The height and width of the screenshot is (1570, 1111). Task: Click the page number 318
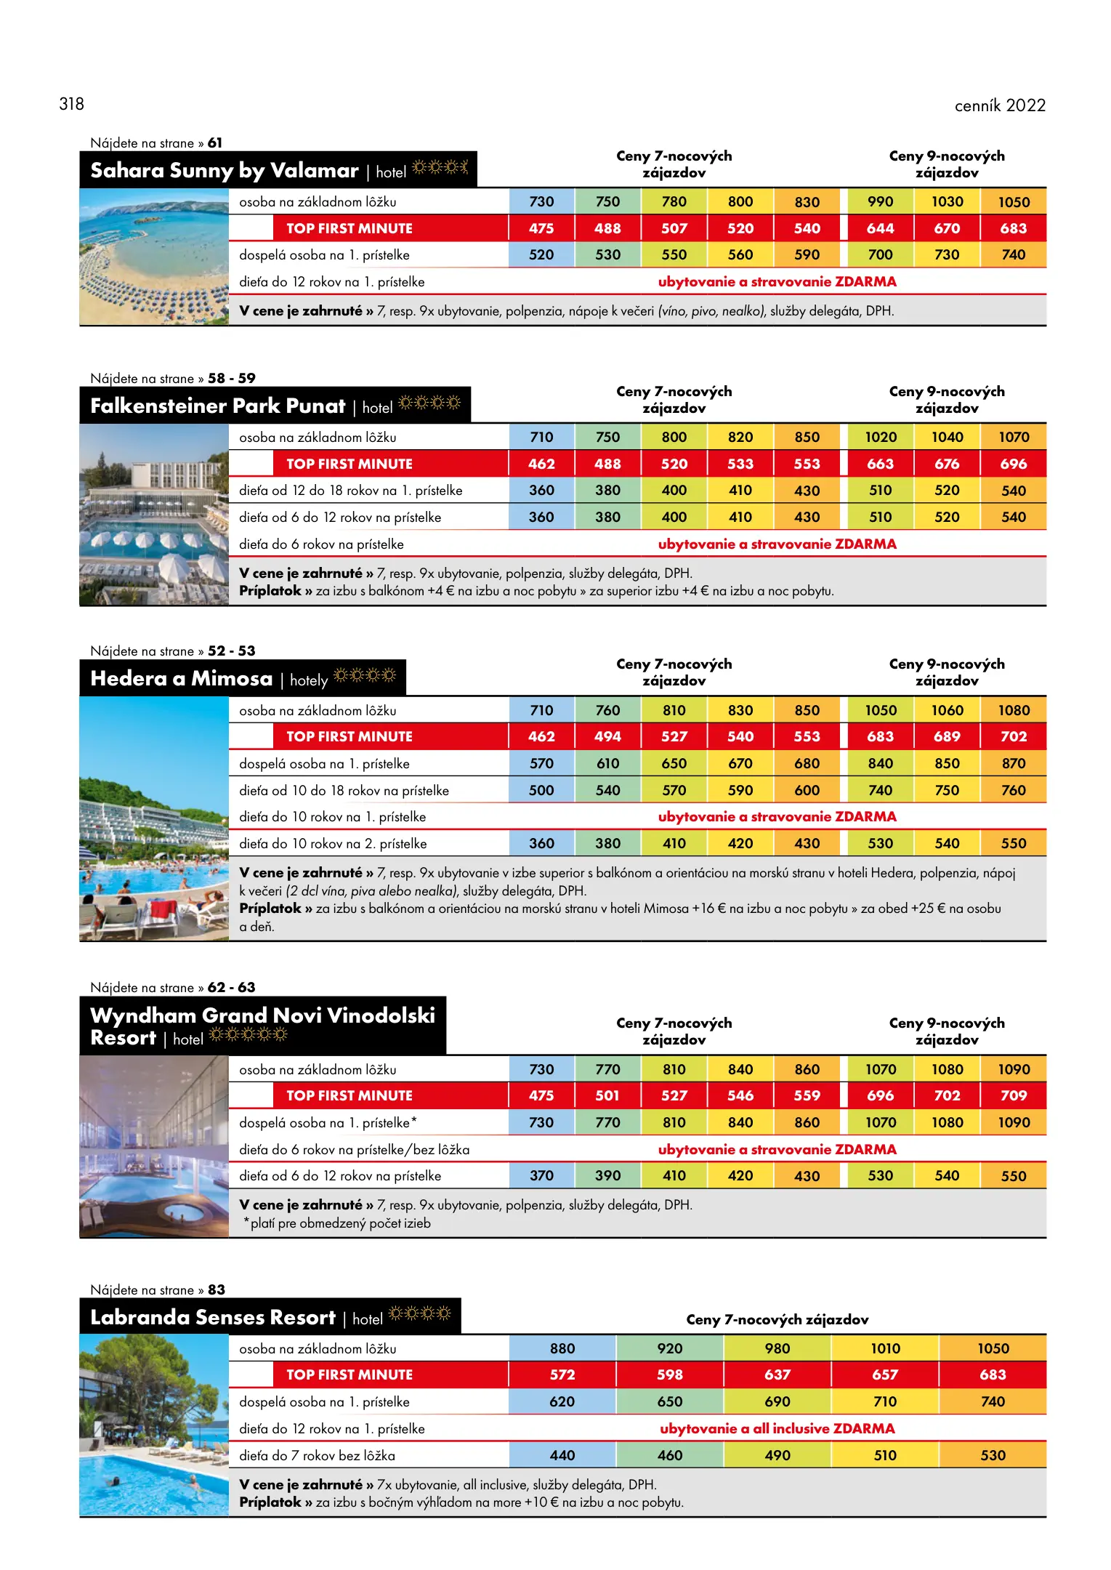click(x=71, y=104)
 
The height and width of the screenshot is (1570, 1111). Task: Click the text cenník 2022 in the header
click(x=999, y=105)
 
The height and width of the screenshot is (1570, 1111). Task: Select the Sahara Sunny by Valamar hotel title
click(x=225, y=170)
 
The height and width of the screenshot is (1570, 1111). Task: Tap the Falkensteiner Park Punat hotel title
click(x=217, y=406)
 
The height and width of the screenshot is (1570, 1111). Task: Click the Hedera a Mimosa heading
click(x=181, y=678)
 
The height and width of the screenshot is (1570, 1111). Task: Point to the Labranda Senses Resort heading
click(x=212, y=1317)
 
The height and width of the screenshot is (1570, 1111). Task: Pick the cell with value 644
click(x=880, y=228)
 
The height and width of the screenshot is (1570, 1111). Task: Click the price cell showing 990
click(x=880, y=201)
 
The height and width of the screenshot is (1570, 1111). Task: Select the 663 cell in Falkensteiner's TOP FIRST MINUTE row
click(x=880, y=464)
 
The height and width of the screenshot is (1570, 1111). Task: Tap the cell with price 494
click(x=607, y=736)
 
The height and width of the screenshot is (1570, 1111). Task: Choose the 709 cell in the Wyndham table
click(x=1014, y=1095)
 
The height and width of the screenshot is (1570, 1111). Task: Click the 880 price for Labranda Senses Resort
click(x=562, y=1348)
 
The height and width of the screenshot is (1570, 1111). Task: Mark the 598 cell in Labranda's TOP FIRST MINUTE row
click(x=669, y=1374)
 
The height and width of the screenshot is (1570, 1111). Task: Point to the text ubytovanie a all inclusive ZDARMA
click(x=777, y=1428)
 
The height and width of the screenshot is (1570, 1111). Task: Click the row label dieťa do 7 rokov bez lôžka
click(x=317, y=1455)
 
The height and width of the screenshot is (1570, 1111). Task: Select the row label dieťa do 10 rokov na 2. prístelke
click(x=333, y=843)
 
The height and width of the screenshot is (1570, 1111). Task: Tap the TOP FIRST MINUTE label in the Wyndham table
click(x=349, y=1095)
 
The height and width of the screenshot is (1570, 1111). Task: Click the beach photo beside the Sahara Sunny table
click(x=154, y=256)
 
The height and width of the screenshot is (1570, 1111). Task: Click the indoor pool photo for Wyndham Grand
click(x=154, y=1146)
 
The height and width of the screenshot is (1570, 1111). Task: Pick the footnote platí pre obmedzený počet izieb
click(x=339, y=1223)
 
